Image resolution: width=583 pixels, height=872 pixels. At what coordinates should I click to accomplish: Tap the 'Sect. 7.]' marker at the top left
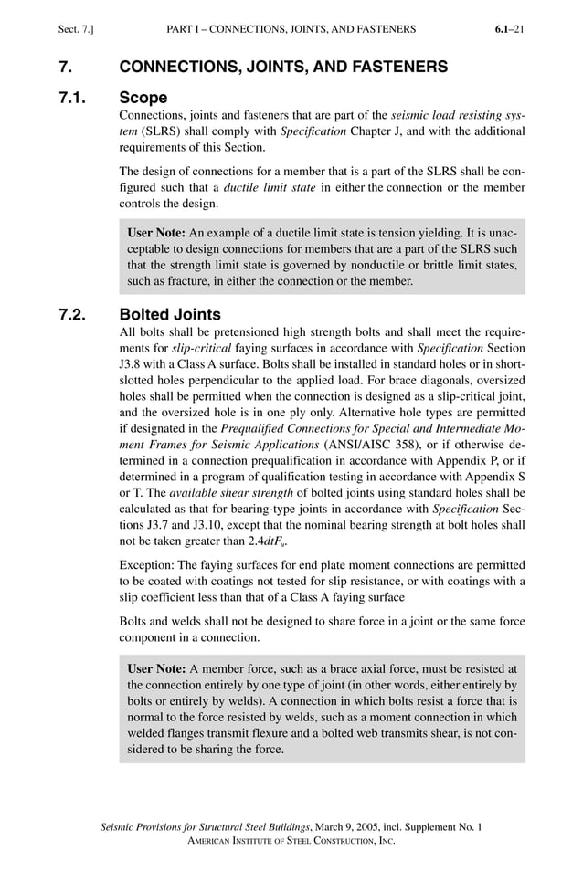pyautogui.click(x=76, y=29)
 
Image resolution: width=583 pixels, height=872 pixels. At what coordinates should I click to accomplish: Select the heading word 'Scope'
pyautogui.click(x=143, y=96)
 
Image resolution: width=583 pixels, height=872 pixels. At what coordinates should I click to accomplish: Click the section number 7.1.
pyautogui.click(x=72, y=96)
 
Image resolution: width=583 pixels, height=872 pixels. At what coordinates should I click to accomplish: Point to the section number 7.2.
pyautogui.click(x=72, y=315)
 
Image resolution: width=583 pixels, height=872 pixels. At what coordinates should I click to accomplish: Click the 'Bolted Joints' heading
pyautogui.click(x=170, y=315)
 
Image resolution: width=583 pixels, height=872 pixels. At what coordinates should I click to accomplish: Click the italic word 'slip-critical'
pyautogui.click(x=201, y=349)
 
